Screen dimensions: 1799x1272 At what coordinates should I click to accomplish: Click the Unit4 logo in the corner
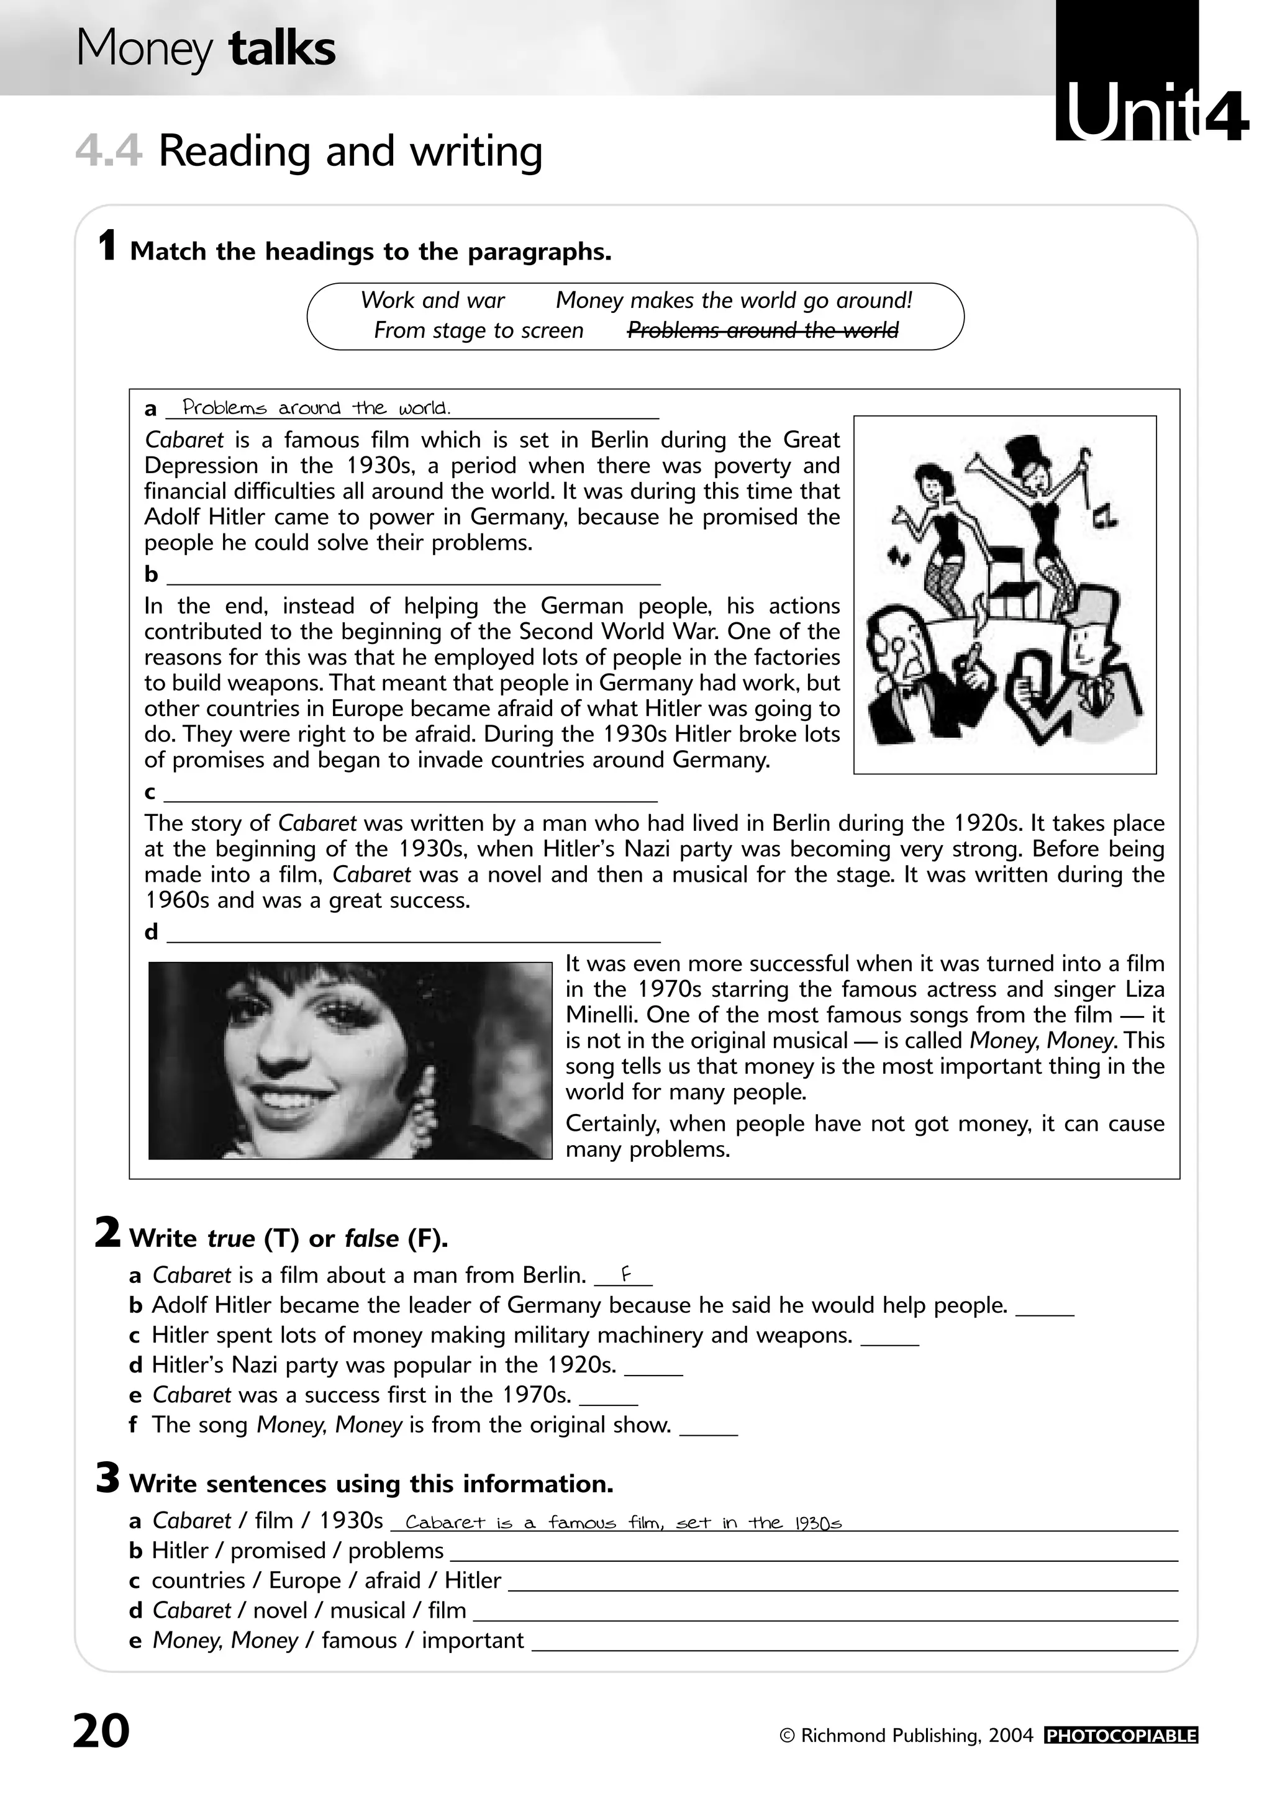click(1150, 114)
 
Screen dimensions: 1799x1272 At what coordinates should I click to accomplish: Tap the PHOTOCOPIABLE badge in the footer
click(1120, 1736)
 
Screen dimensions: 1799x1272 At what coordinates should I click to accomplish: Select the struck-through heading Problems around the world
click(763, 330)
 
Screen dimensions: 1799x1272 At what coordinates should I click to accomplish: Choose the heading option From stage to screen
click(478, 330)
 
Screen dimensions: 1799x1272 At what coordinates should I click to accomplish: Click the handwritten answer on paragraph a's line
click(316, 407)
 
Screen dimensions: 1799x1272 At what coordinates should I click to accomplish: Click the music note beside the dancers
click(1105, 515)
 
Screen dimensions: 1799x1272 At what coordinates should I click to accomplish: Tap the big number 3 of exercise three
click(108, 1480)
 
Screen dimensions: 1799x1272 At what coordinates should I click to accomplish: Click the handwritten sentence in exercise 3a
click(623, 1523)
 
